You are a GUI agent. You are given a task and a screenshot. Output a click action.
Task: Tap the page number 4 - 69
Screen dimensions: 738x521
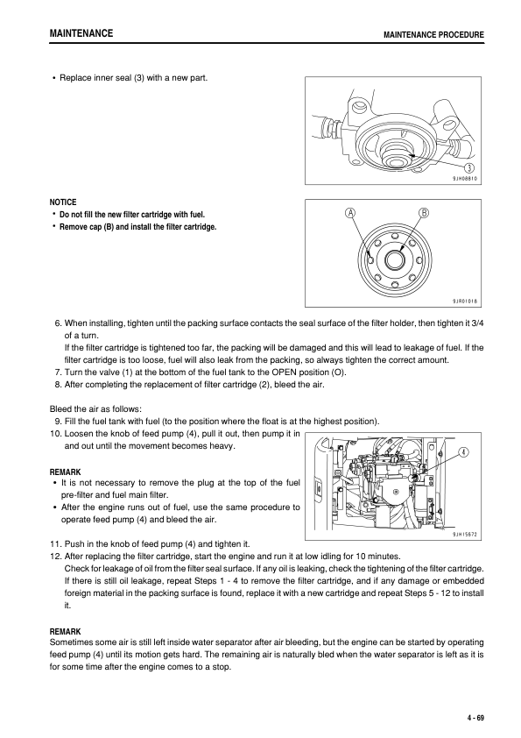point(475,718)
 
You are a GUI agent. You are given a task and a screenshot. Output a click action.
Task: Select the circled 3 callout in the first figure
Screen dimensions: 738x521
point(469,168)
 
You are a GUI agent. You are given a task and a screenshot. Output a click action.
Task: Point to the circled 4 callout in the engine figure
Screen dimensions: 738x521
point(462,452)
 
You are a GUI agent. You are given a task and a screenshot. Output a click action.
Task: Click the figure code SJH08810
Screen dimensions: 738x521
point(464,178)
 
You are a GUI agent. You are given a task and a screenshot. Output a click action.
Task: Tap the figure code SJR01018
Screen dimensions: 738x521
point(464,301)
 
